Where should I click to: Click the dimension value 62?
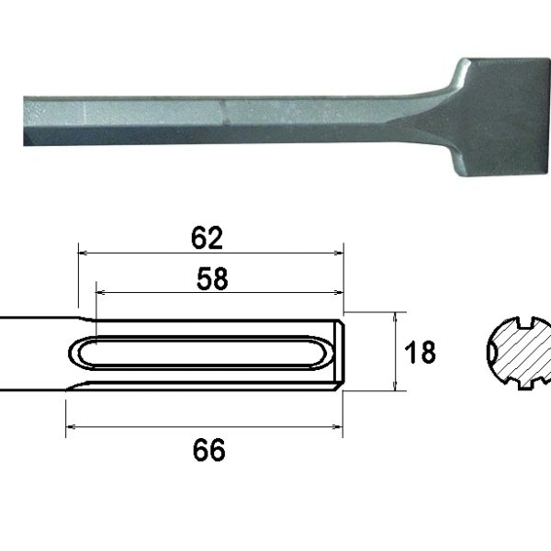coord(208,238)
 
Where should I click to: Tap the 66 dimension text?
coord(208,451)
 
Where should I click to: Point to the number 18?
coord(420,353)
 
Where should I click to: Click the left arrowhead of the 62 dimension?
coord(82,250)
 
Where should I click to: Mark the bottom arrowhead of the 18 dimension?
coord(395,388)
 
